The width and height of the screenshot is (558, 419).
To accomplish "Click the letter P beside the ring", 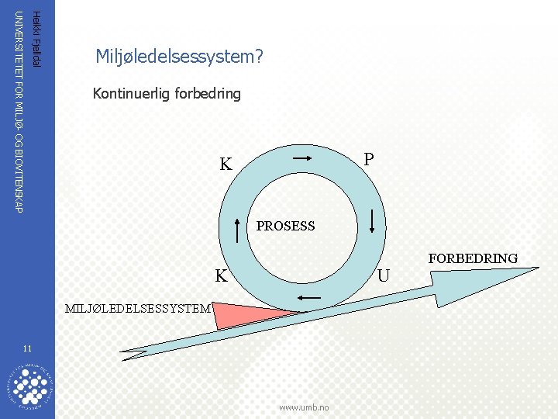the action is point(369,158).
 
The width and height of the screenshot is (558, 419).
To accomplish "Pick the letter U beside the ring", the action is point(383,275).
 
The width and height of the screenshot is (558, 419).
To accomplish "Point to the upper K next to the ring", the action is point(226,164).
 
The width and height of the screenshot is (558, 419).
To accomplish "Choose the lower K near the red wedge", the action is point(222,275).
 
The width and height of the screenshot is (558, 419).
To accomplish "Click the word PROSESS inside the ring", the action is point(285,227).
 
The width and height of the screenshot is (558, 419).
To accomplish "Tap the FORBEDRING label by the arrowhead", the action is point(472,258).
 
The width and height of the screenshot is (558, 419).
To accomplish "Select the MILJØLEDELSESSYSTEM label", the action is point(138,308).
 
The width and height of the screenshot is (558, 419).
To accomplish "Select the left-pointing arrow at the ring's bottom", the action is point(309,298).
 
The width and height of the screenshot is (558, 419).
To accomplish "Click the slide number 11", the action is point(27,347).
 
